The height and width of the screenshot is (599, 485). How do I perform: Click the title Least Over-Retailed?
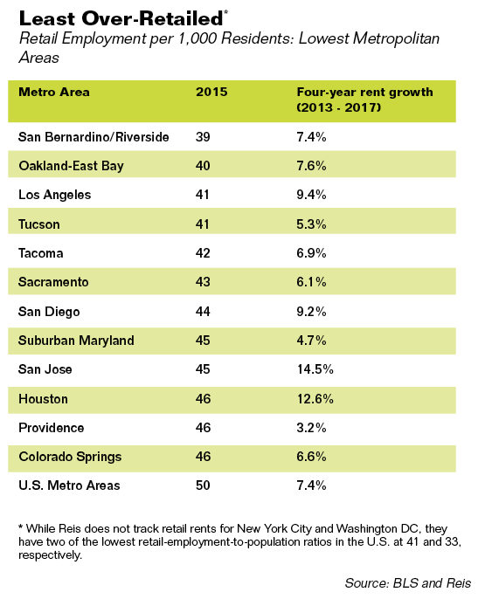[121, 18]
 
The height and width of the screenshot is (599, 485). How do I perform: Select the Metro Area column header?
[54, 92]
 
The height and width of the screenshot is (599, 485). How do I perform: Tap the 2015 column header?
[211, 92]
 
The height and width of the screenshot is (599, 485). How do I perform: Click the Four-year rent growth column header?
[364, 100]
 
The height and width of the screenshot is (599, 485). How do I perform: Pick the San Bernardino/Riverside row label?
[94, 137]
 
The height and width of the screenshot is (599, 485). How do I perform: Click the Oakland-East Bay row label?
[71, 166]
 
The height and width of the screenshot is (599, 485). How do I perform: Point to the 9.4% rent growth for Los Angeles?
[311, 195]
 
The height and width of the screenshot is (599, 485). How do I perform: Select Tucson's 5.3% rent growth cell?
[311, 224]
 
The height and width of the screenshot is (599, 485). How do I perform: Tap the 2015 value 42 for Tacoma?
[203, 253]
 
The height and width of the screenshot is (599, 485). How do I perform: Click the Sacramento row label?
[53, 282]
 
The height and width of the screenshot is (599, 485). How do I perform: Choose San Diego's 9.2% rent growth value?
[311, 312]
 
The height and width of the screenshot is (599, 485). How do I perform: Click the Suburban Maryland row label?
[76, 341]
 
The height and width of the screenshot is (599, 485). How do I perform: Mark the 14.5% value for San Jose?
[315, 369]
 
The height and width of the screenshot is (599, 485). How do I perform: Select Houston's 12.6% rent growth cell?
[315, 399]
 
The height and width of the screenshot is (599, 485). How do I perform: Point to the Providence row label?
[52, 428]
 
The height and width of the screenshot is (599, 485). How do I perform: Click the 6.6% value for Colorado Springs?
[311, 457]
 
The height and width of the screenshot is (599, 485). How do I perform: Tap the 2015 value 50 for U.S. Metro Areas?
[203, 485]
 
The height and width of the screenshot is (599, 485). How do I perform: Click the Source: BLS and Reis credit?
[408, 583]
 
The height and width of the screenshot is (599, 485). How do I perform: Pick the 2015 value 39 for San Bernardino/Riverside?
[203, 137]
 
